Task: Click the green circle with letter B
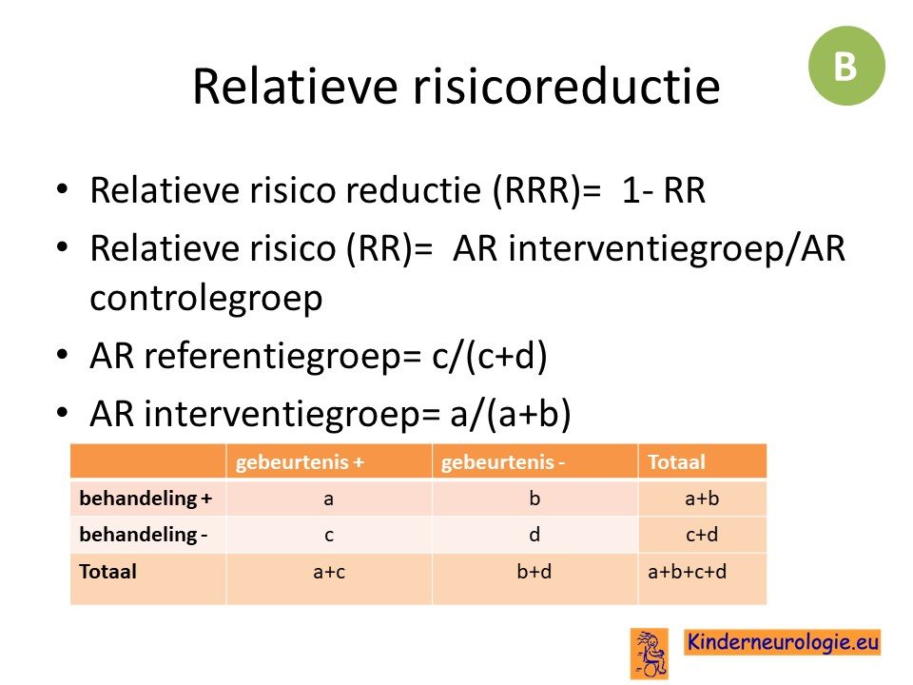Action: (846, 66)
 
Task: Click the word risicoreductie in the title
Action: (567, 87)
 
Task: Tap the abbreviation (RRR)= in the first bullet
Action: (546, 190)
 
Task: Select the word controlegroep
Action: (206, 298)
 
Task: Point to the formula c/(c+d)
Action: (490, 356)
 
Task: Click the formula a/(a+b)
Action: (511, 414)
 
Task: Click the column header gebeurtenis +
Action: (300, 462)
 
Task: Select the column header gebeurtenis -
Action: (503, 462)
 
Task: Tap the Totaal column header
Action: (676, 462)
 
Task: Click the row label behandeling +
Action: (146, 498)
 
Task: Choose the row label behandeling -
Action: (144, 534)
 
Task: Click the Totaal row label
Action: (107, 572)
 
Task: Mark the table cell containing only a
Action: (329, 499)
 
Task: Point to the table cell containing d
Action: (534, 534)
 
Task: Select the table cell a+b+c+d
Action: (687, 572)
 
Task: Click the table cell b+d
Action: (534, 572)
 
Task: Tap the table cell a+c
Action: (329, 572)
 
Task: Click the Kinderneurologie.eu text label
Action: (783, 642)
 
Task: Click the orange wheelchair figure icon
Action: (650, 654)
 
